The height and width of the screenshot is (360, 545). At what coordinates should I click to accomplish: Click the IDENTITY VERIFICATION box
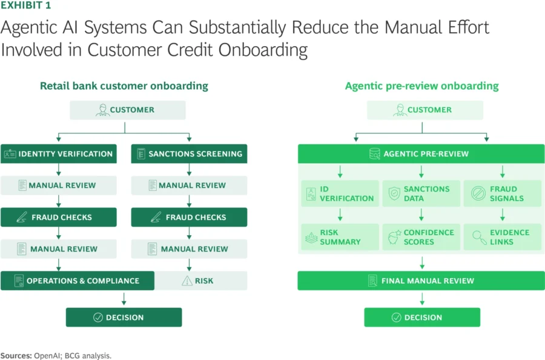[58, 153]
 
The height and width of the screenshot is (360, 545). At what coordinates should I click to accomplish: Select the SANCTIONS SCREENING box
[189, 153]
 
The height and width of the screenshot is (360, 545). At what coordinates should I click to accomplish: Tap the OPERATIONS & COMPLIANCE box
[77, 281]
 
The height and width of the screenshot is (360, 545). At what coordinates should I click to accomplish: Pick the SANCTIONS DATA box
[420, 193]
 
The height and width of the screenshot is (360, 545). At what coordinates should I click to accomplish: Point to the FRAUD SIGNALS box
[501, 193]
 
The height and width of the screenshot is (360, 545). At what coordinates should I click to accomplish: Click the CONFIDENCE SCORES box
[420, 237]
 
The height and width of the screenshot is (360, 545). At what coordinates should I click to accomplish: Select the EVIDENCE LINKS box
[501, 237]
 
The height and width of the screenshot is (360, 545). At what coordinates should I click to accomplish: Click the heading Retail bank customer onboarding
[124, 86]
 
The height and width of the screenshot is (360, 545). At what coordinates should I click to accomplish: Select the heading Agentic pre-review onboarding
[421, 86]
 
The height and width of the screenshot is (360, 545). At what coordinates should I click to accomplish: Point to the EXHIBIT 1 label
[25, 5]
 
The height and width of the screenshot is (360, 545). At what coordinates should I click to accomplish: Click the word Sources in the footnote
[15, 356]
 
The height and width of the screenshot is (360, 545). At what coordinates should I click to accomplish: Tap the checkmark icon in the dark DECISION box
[97, 318]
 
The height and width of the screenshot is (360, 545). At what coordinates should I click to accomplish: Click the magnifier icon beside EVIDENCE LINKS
[479, 237]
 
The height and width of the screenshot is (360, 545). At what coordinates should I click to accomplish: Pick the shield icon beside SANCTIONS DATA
[394, 193]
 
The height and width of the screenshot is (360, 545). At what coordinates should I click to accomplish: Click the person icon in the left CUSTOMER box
[102, 110]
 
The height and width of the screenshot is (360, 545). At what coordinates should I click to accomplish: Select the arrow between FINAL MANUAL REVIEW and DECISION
[422, 299]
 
